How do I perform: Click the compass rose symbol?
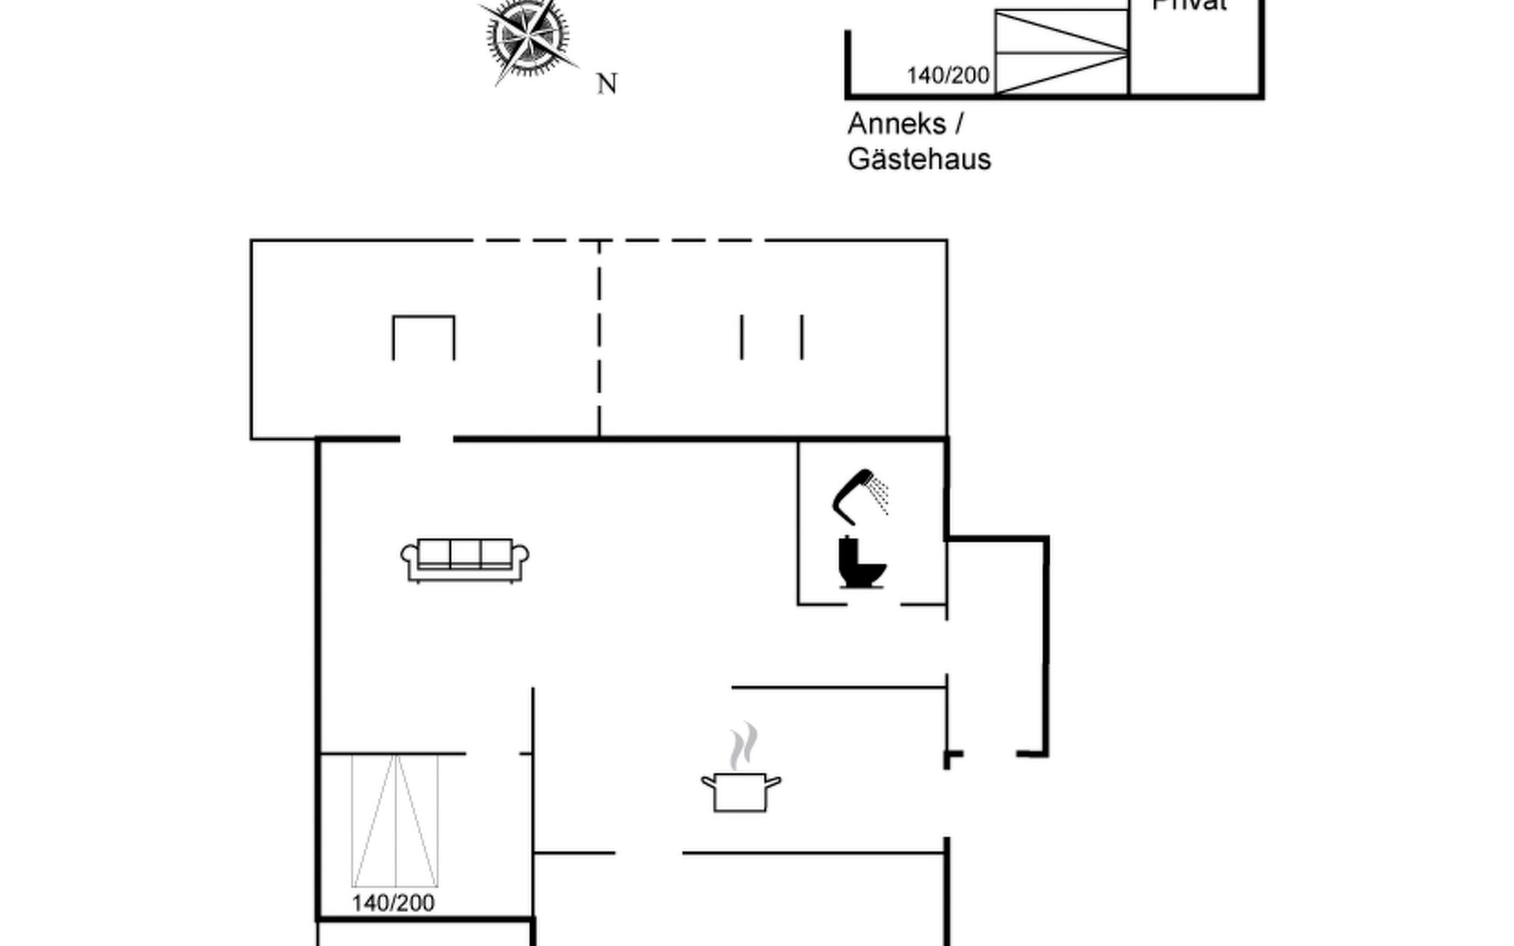click(527, 36)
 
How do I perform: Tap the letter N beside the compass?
click(606, 84)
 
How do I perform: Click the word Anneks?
click(897, 124)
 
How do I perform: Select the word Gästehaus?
click(919, 159)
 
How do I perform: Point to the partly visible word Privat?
click(1189, 6)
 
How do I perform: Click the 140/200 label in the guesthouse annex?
click(948, 76)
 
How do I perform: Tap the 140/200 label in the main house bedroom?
click(393, 903)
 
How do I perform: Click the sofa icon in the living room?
click(464, 560)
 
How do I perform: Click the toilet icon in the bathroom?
click(860, 563)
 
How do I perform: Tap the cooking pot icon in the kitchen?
click(740, 791)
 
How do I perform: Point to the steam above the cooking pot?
click(743, 746)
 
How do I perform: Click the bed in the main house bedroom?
click(394, 821)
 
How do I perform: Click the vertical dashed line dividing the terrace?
click(599, 339)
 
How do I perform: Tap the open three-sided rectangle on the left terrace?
click(423, 337)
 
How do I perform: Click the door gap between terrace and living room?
click(427, 438)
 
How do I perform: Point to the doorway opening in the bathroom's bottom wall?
click(874, 605)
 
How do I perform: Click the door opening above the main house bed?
click(492, 754)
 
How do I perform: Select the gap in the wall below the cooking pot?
click(648, 852)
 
